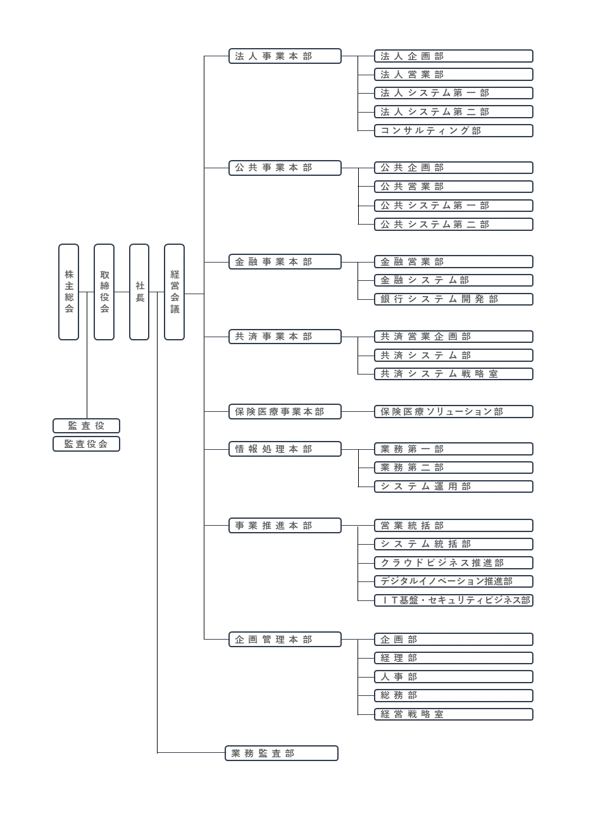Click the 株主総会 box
tap(69, 292)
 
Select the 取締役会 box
tap(104, 292)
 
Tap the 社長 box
tap(139, 292)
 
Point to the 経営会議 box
tap(175, 292)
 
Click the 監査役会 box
tap(86, 444)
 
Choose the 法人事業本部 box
tap(285, 56)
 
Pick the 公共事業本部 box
tap(285, 168)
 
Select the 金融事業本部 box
tap(285, 262)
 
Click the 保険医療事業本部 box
tap(285, 412)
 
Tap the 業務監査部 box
tap(282, 753)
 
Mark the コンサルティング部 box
tap(454, 131)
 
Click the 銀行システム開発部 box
tap(454, 299)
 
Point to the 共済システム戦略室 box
tap(454, 374)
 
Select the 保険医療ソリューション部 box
tap(454, 412)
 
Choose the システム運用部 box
tap(454, 487)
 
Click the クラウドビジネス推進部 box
tap(454, 562)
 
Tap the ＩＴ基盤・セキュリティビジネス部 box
tap(454, 600)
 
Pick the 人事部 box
tap(454, 677)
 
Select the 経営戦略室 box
tap(454, 714)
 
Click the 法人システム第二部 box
tap(454, 112)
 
